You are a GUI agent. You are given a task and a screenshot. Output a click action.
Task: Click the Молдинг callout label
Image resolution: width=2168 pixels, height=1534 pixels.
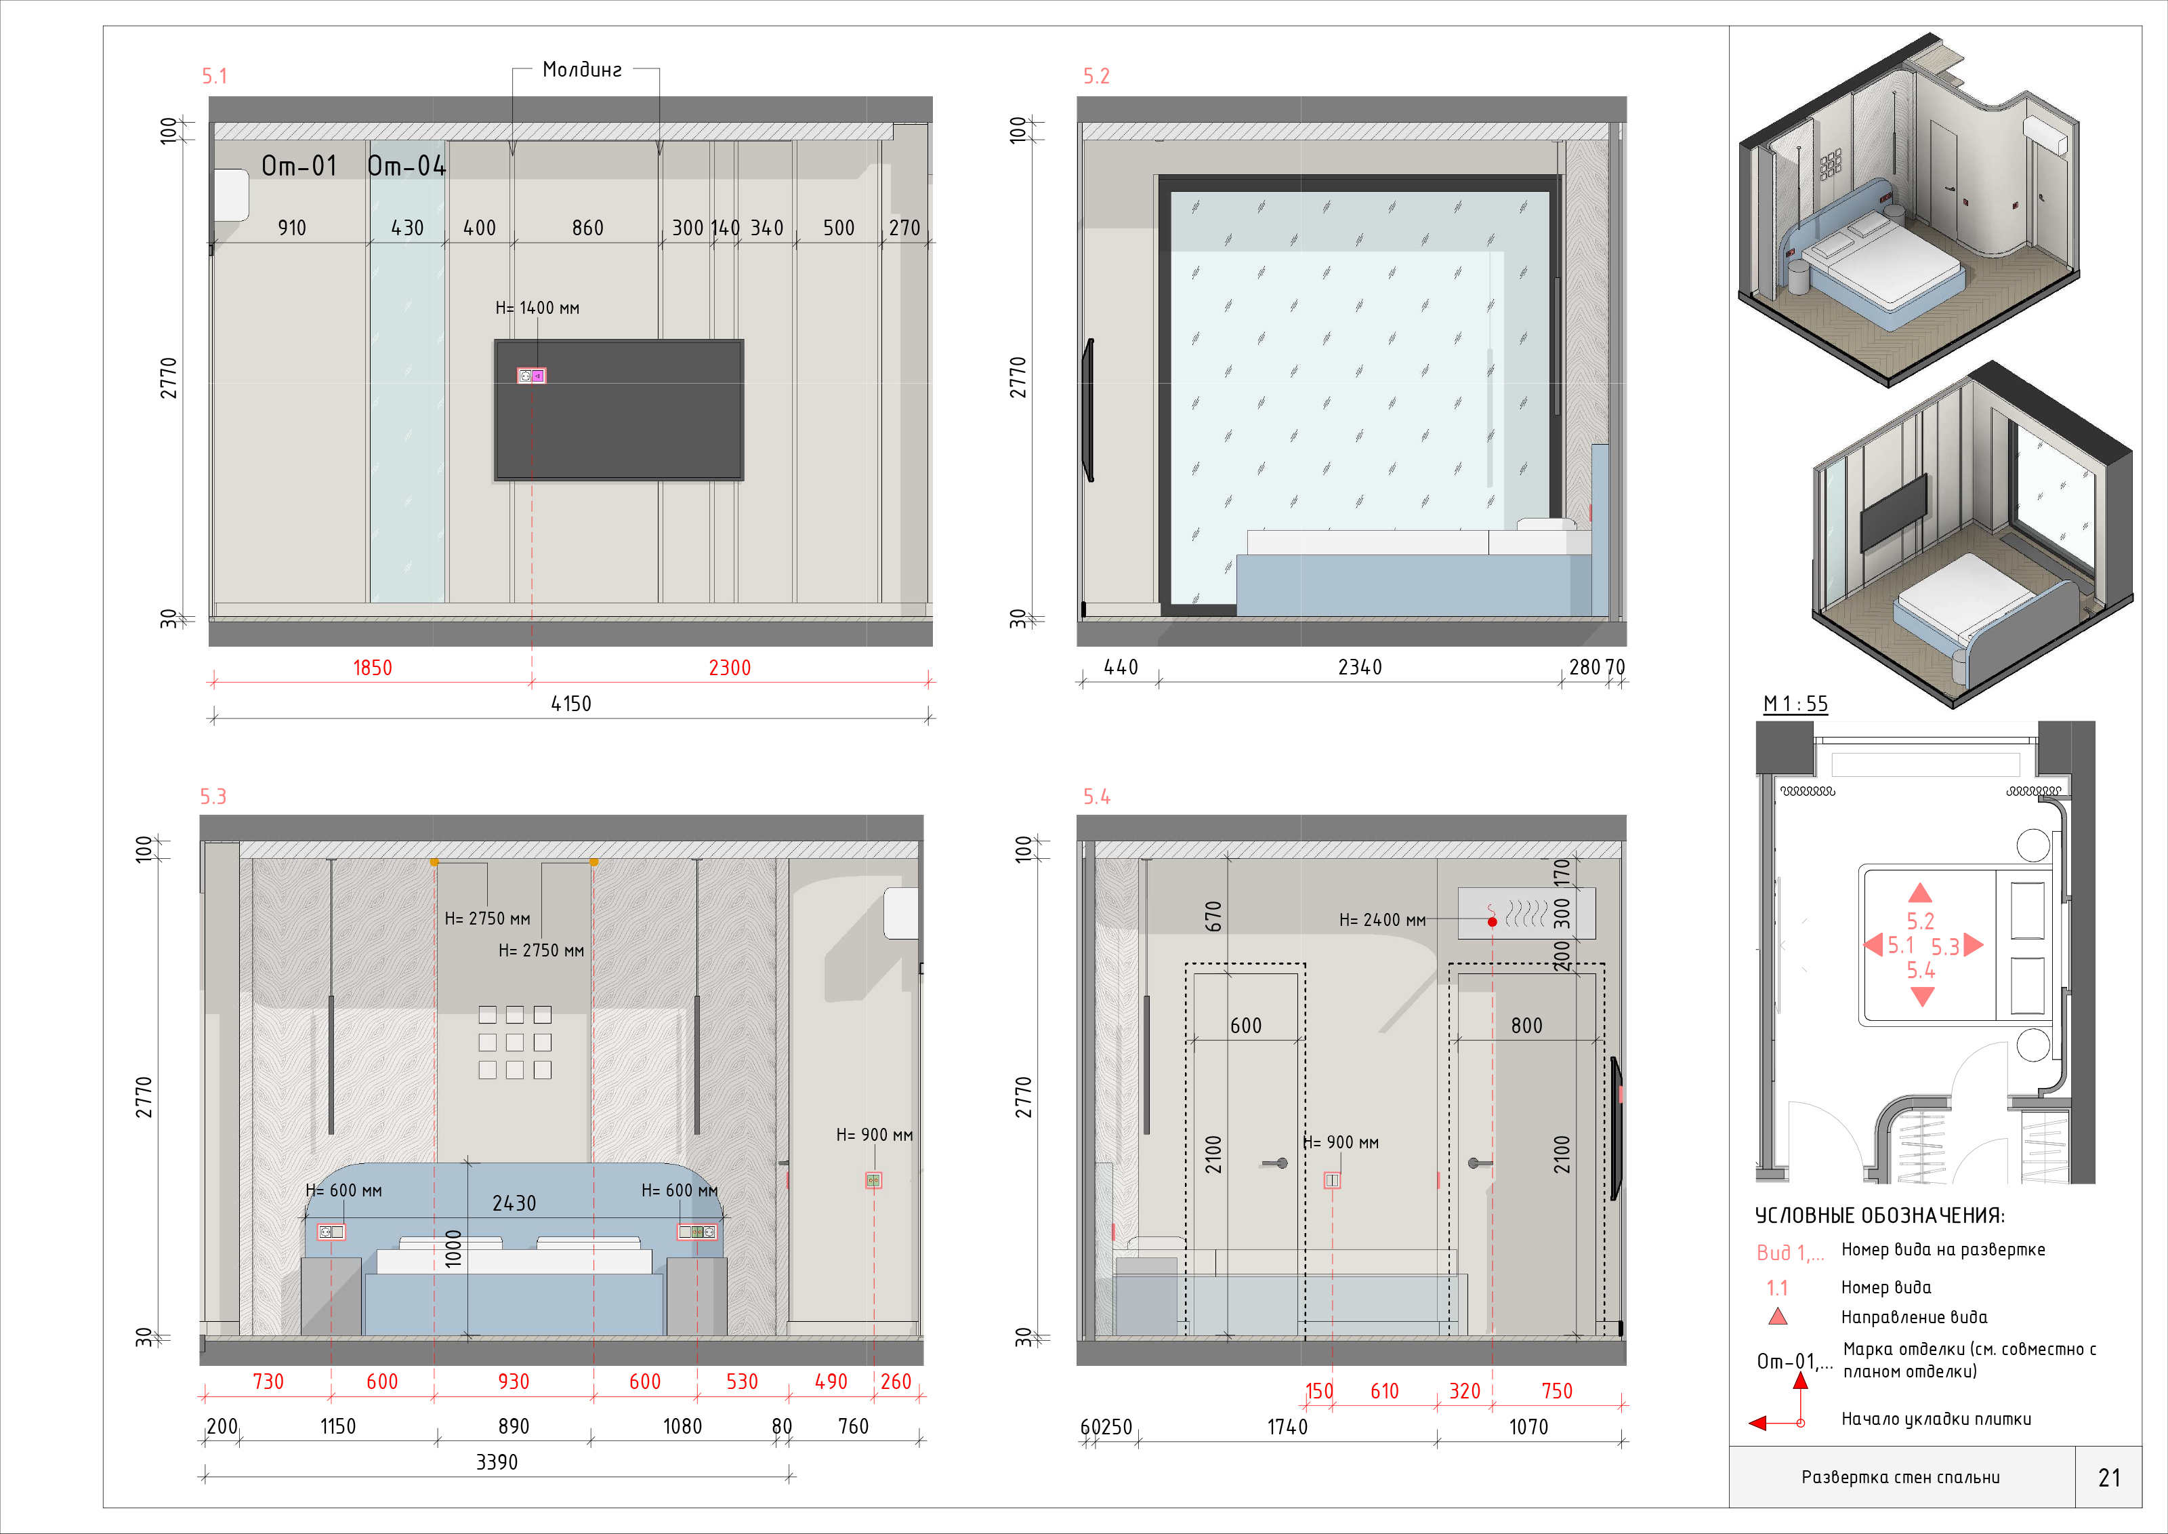coord(582,69)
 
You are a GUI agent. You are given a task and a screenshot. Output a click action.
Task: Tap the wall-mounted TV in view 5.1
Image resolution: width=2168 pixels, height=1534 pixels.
coord(619,410)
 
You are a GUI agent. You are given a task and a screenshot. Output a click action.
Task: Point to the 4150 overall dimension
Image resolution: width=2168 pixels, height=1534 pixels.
coord(571,704)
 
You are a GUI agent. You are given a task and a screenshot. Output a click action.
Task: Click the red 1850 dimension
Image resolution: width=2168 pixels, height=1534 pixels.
coord(372,668)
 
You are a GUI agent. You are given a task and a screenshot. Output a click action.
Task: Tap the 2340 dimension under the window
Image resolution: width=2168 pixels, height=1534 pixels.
coord(1360,668)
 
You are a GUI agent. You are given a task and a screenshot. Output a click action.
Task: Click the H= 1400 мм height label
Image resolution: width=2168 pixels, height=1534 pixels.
coord(537,308)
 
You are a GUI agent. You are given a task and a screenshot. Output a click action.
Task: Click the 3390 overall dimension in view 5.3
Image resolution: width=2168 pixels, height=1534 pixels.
coord(497,1462)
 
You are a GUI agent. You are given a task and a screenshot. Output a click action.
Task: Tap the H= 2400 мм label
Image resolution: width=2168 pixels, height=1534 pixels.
coord(1382,920)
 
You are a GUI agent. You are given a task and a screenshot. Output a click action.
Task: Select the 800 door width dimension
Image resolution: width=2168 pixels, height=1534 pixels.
coord(1527,1026)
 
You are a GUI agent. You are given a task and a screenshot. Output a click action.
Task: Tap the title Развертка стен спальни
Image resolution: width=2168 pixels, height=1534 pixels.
coord(1901,1477)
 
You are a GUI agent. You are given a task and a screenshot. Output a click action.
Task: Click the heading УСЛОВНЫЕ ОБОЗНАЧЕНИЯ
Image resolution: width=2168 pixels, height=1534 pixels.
coord(1880,1215)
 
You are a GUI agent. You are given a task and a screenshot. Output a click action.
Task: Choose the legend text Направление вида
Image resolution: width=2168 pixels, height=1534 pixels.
coord(1914,1318)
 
